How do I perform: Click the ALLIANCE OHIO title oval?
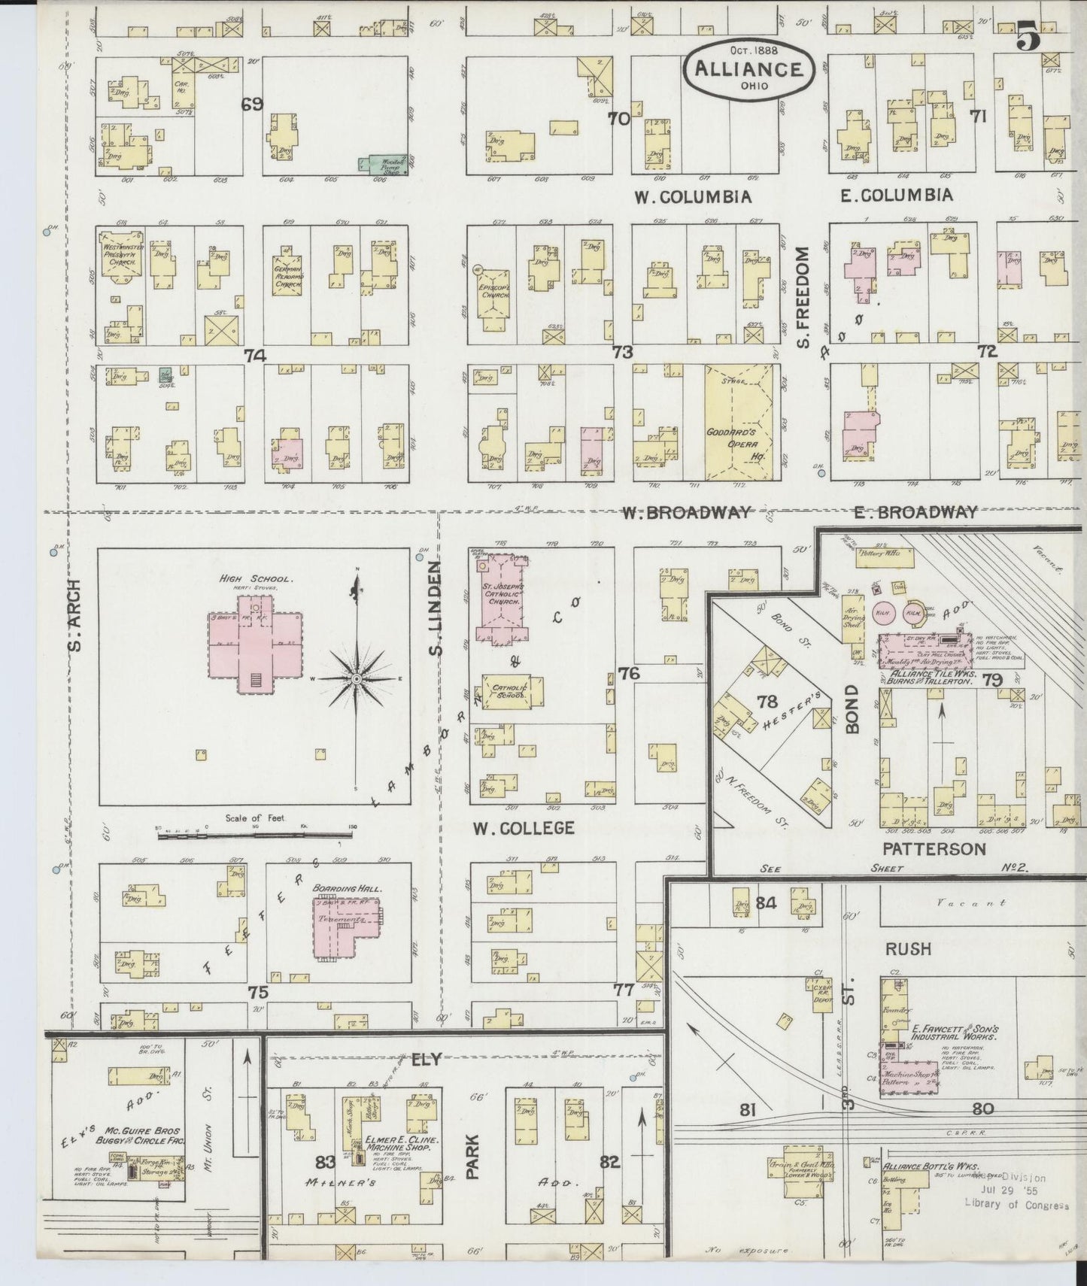748,68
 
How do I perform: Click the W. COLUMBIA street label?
691,197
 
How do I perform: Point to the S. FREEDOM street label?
803,299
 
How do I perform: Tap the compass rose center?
356,679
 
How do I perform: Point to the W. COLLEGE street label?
524,828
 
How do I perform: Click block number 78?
767,702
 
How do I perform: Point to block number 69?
252,105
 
